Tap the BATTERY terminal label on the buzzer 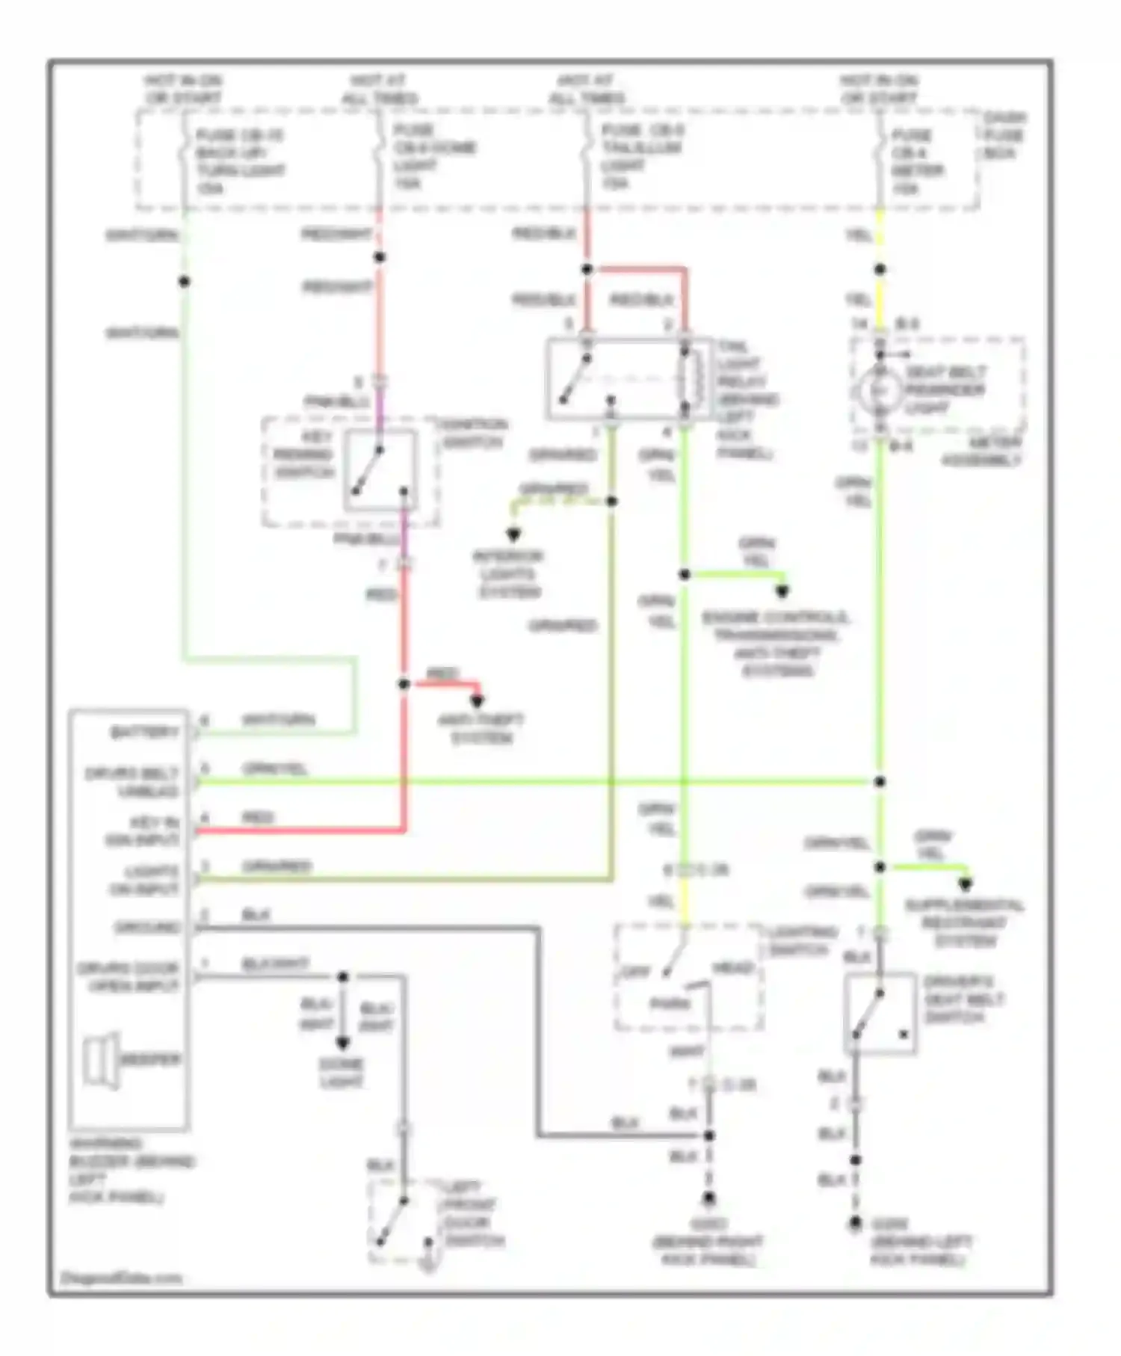click(x=144, y=733)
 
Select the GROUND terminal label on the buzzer click(x=147, y=928)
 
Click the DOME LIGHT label click(x=342, y=1073)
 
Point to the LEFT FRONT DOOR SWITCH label click(x=473, y=1214)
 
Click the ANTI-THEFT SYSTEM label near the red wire click(x=481, y=729)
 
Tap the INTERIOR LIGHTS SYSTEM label click(x=507, y=574)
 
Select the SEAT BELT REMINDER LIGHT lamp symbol click(x=880, y=390)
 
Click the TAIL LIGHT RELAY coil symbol click(x=692, y=380)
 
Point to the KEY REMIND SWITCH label click(x=303, y=455)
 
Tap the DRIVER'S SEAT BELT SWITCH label click(x=963, y=999)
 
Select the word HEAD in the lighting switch click(x=732, y=968)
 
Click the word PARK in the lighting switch click(x=669, y=1004)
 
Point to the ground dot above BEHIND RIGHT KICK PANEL click(x=708, y=1198)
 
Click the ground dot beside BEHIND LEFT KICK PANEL click(x=855, y=1224)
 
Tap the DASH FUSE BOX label click(x=1003, y=135)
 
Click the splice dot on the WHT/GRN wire click(x=184, y=282)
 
